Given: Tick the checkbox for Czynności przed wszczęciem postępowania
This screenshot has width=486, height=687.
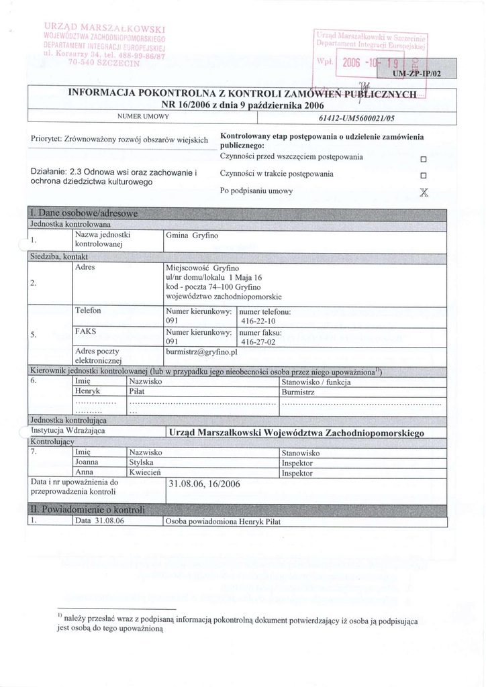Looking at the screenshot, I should [x=424, y=160].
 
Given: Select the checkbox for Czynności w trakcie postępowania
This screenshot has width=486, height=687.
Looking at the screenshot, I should [x=424, y=176].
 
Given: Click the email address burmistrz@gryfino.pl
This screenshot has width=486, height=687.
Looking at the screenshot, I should [x=201, y=352].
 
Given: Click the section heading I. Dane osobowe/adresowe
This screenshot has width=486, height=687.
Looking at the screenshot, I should [x=84, y=213].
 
